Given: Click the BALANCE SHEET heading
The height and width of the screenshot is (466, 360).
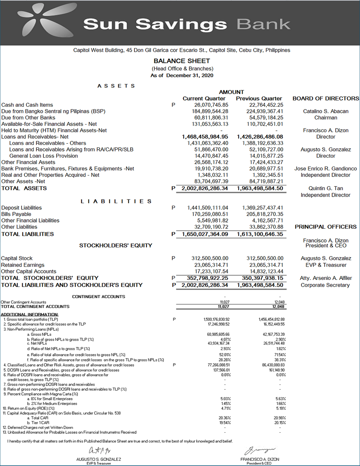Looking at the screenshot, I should [182, 61].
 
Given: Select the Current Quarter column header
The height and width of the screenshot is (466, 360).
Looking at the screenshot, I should [204, 99].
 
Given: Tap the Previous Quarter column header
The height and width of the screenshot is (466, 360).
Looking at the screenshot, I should [259, 99].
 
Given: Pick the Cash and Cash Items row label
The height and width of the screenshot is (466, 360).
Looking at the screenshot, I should [27, 105].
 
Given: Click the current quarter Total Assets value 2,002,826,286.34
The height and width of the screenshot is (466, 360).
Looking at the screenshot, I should [205, 188].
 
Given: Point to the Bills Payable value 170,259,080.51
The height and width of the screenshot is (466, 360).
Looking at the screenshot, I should [210, 214].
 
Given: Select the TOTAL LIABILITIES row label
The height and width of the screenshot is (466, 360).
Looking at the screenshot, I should [27, 234].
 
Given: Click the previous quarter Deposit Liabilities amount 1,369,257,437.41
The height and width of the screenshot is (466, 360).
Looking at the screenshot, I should [263, 208].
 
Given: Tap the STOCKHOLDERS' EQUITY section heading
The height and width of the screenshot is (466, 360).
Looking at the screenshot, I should [115, 246].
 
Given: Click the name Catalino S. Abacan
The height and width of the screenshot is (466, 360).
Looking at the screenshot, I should [326, 111].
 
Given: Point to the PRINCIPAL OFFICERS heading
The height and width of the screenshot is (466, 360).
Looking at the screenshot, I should [326, 227].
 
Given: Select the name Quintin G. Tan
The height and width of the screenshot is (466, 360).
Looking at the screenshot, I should [326, 188].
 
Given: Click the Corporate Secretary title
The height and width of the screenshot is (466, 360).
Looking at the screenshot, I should [325, 285].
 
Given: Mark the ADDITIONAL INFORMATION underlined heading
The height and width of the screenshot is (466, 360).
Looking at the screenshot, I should [30, 315].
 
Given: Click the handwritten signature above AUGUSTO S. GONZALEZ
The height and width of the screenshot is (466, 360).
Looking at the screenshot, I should [99, 450].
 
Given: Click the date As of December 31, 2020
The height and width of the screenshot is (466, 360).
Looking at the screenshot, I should [182, 76].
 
